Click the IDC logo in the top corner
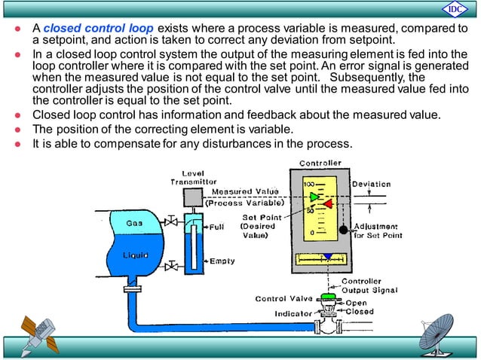tap(454, 9)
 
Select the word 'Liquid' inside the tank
tap(136, 255)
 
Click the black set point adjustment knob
tap(343, 229)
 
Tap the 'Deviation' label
tap(371, 184)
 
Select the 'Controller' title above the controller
tap(320, 163)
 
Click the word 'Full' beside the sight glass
tap(216, 226)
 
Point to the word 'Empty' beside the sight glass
tap(222, 261)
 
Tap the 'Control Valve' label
tap(283, 299)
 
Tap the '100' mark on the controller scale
tap(308, 183)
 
